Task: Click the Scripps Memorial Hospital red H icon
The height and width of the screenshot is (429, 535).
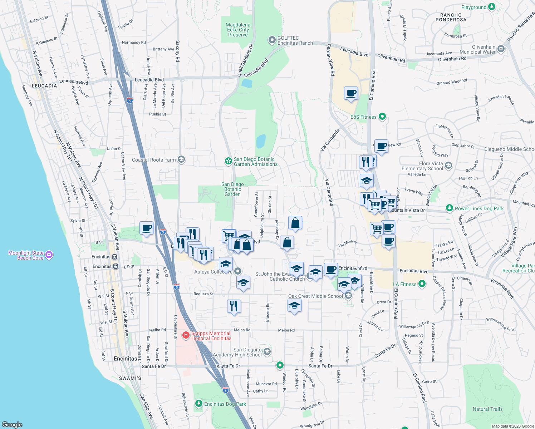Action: pyautogui.click(x=186, y=335)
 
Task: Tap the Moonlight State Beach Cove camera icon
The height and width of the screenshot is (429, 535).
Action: pyautogui.click(x=49, y=255)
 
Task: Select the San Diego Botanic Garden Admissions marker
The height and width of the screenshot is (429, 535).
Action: pyautogui.click(x=228, y=162)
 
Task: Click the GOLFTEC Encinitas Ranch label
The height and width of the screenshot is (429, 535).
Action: pyautogui.click(x=288, y=40)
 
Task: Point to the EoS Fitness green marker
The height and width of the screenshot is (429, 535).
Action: pyautogui.click(x=382, y=117)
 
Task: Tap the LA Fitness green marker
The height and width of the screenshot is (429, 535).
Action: pyautogui.click(x=422, y=284)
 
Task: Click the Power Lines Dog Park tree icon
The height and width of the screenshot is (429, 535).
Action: pyautogui.click(x=449, y=208)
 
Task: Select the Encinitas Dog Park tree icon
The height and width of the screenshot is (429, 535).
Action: pyautogui.click(x=199, y=404)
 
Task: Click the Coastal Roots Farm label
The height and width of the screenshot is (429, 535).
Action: pyautogui.click(x=154, y=160)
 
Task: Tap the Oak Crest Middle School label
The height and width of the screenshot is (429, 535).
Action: pyautogui.click(x=315, y=296)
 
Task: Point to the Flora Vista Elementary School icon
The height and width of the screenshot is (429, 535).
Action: pyautogui.click(x=448, y=165)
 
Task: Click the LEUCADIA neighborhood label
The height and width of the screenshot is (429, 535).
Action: pyautogui.click(x=44, y=86)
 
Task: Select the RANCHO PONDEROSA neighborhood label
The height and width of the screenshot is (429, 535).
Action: pyautogui.click(x=451, y=18)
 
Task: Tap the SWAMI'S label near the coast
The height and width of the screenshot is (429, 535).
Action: pyautogui.click(x=130, y=378)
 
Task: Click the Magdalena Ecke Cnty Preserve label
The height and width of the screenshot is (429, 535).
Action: pyautogui.click(x=238, y=30)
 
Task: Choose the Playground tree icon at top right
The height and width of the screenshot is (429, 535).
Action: pyautogui.click(x=492, y=7)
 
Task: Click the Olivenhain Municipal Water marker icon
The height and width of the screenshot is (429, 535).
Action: pyautogui.click(x=501, y=49)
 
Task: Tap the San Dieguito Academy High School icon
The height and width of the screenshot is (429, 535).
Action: pyautogui.click(x=267, y=352)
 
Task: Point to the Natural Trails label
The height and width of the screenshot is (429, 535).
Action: pyautogui.click(x=487, y=409)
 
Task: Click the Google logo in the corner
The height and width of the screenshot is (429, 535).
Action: pyautogui.click(x=12, y=424)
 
